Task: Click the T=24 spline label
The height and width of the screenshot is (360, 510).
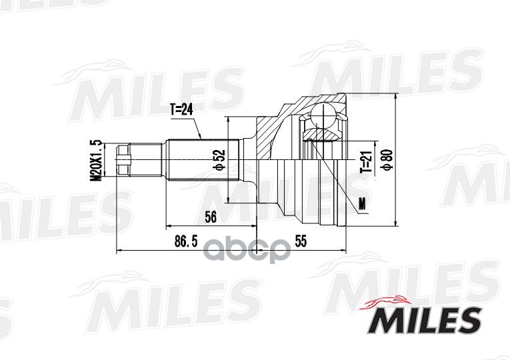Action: tap(181, 110)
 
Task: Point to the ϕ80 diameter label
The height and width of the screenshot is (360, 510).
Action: tap(389, 159)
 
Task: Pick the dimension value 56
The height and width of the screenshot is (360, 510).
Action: tap(211, 217)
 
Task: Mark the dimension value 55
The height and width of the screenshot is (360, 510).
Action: tap(301, 241)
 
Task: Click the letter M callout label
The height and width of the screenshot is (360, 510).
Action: tap(362, 204)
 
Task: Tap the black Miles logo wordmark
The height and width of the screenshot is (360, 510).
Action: tap(424, 320)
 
